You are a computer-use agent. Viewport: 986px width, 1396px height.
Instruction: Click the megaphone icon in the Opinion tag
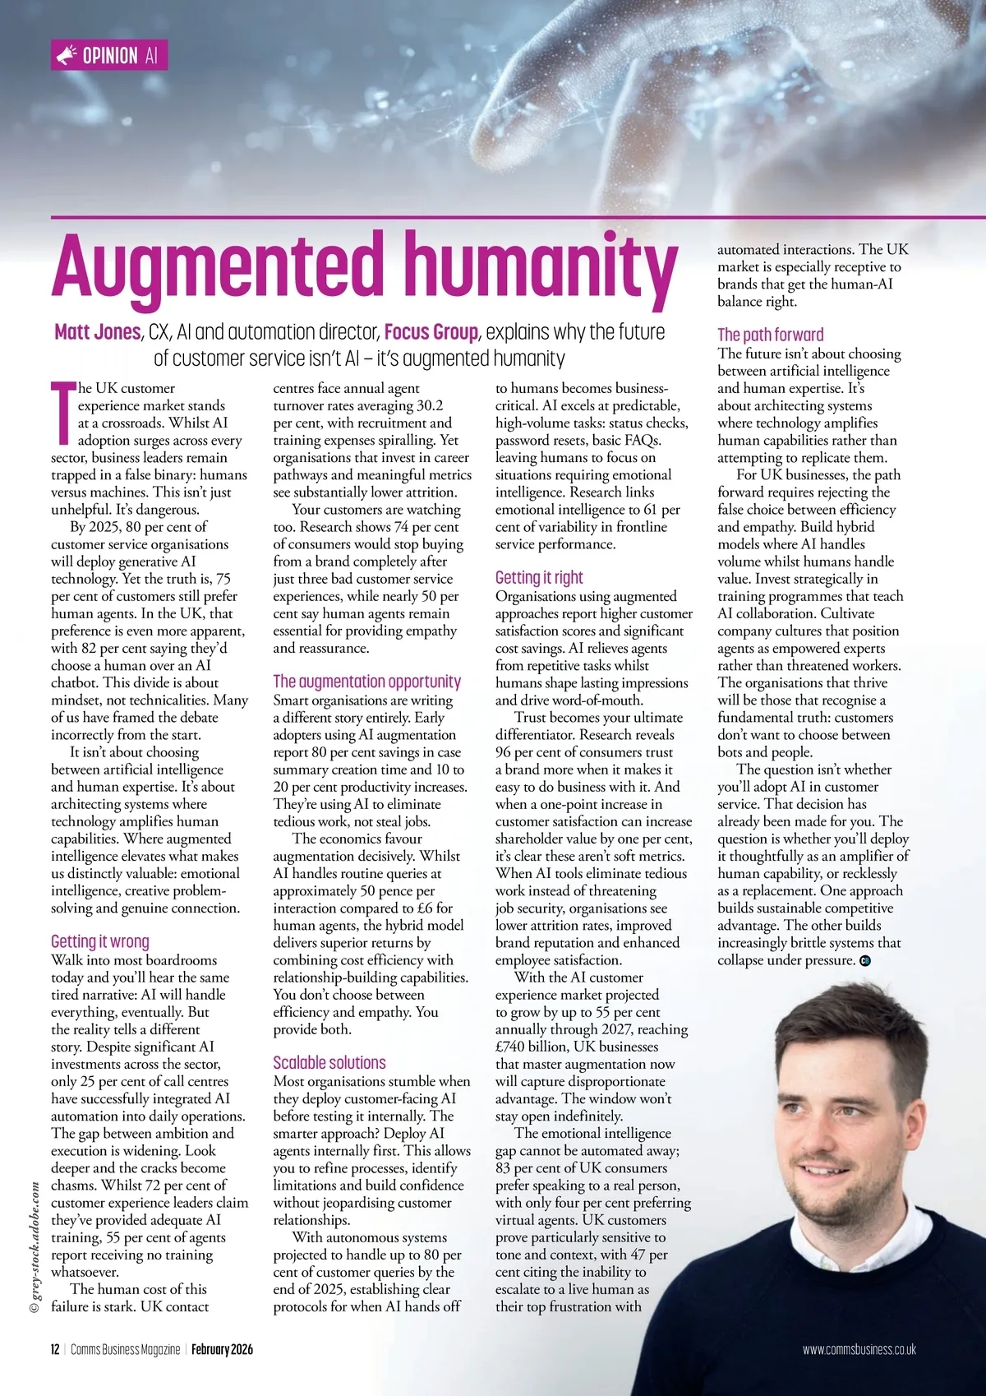click(67, 56)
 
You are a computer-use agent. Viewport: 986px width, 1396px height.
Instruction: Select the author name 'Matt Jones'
click(97, 332)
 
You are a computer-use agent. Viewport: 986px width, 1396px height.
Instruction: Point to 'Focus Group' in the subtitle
click(431, 332)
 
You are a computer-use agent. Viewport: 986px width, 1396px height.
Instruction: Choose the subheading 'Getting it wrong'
click(100, 941)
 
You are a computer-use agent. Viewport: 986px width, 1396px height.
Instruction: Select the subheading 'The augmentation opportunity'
click(366, 682)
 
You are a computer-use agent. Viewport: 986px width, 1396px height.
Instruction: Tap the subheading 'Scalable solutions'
click(329, 1062)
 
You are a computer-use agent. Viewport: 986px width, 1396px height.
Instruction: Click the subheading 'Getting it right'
click(539, 577)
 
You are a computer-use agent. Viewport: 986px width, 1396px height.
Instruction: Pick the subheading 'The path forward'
click(770, 335)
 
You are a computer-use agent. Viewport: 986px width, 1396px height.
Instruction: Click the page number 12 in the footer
click(55, 1349)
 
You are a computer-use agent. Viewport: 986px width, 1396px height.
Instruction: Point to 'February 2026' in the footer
click(222, 1349)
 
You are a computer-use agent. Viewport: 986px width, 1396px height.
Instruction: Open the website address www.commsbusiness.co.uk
click(859, 1349)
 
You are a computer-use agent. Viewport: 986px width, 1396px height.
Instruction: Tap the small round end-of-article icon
click(864, 960)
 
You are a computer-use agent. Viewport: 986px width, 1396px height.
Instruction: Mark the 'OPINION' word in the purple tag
click(110, 56)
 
